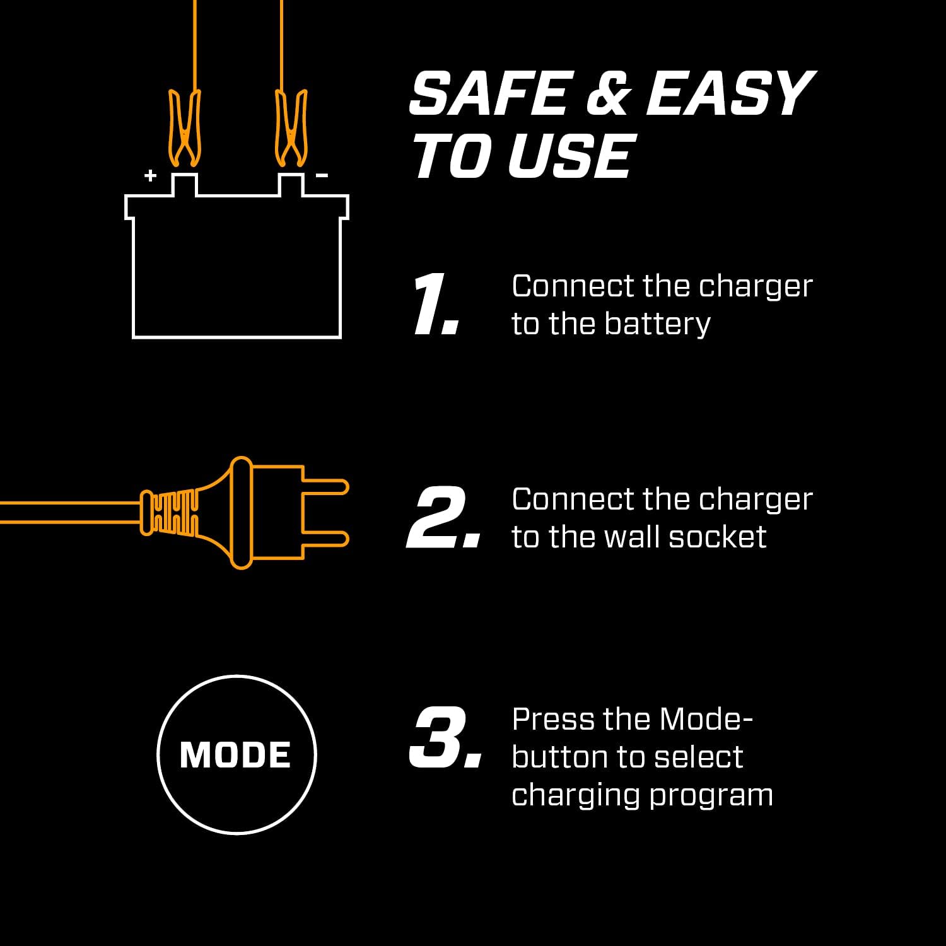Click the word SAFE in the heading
point(489,94)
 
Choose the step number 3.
point(445,738)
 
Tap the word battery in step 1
point(657,324)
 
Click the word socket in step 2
point(717,537)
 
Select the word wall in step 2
point(631,537)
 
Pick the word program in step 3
point(711,795)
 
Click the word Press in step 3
point(552,720)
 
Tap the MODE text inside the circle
point(235,755)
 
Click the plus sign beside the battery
point(150,175)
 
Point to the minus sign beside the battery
point(322,175)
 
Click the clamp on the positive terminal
point(184,129)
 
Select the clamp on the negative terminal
point(291,129)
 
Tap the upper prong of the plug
point(325,488)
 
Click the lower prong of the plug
point(325,539)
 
